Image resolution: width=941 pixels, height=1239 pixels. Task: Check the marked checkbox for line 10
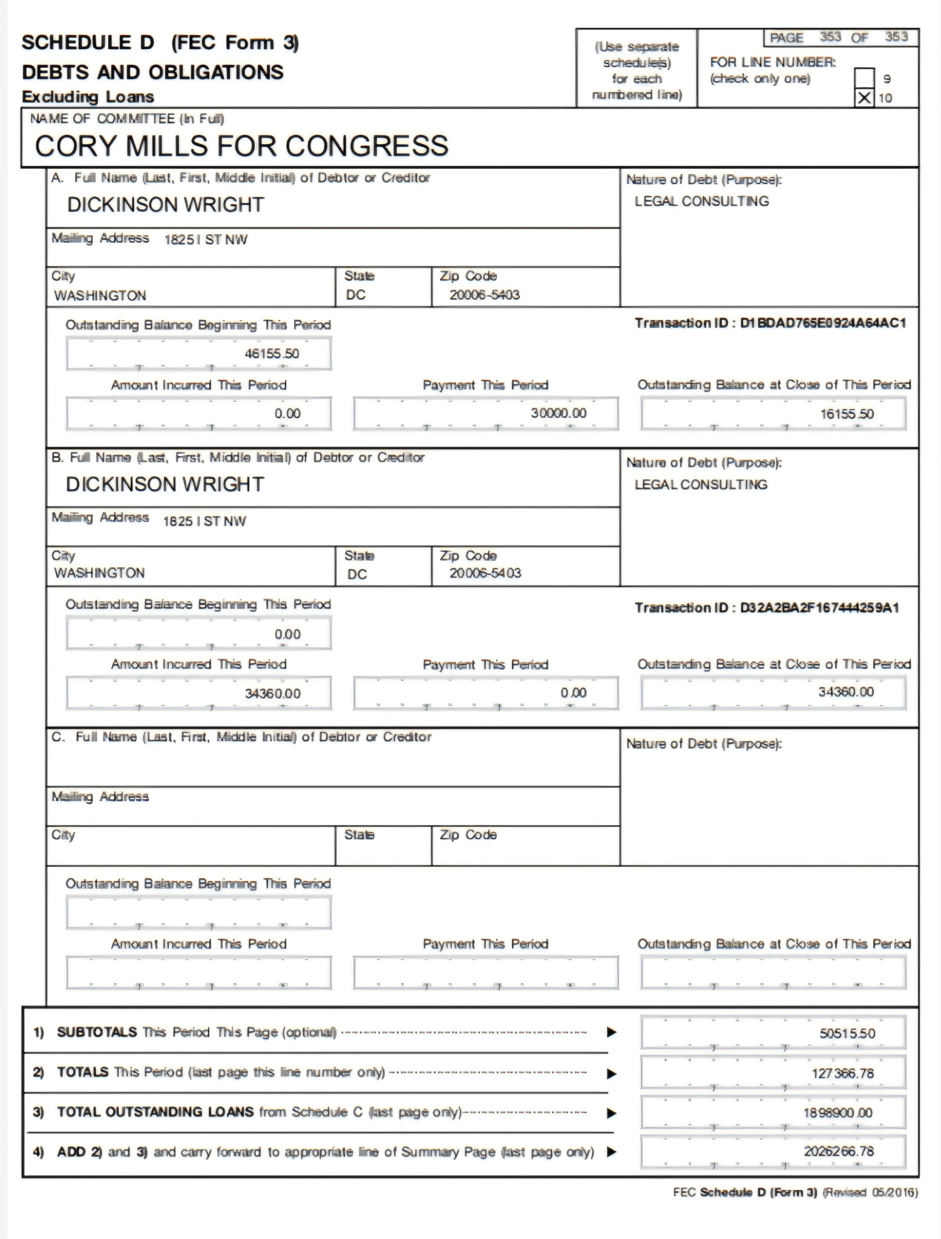(865, 98)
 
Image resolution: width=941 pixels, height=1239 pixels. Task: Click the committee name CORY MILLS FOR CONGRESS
(241, 146)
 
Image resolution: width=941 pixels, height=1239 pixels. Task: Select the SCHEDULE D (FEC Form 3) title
(160, 43)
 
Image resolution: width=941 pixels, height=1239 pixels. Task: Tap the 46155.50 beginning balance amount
(272, 354)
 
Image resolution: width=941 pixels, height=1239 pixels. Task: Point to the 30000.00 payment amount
(559, 413)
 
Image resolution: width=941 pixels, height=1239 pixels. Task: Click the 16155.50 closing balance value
(847, 414)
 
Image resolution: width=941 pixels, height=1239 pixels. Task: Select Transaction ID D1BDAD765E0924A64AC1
(770, 323)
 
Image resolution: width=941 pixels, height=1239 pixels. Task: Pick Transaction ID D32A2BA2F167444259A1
(767, 607)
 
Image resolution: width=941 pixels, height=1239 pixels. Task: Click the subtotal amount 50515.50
(847, 1033)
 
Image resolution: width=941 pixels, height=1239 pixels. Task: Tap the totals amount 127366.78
(842, 1073)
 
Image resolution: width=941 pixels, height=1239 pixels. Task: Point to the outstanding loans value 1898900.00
(838, 1113)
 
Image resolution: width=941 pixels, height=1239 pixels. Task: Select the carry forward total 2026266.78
(839, 1151)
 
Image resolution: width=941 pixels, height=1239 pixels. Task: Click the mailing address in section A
(206, 240)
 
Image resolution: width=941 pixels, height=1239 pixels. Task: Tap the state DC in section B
(357, 574)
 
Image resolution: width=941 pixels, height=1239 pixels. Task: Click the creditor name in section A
(166, 205)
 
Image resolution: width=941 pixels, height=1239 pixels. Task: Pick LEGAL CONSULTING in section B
(701, 485)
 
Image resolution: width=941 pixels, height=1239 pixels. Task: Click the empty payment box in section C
(486, 972)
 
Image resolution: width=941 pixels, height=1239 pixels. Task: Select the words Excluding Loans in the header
(88, 97)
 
